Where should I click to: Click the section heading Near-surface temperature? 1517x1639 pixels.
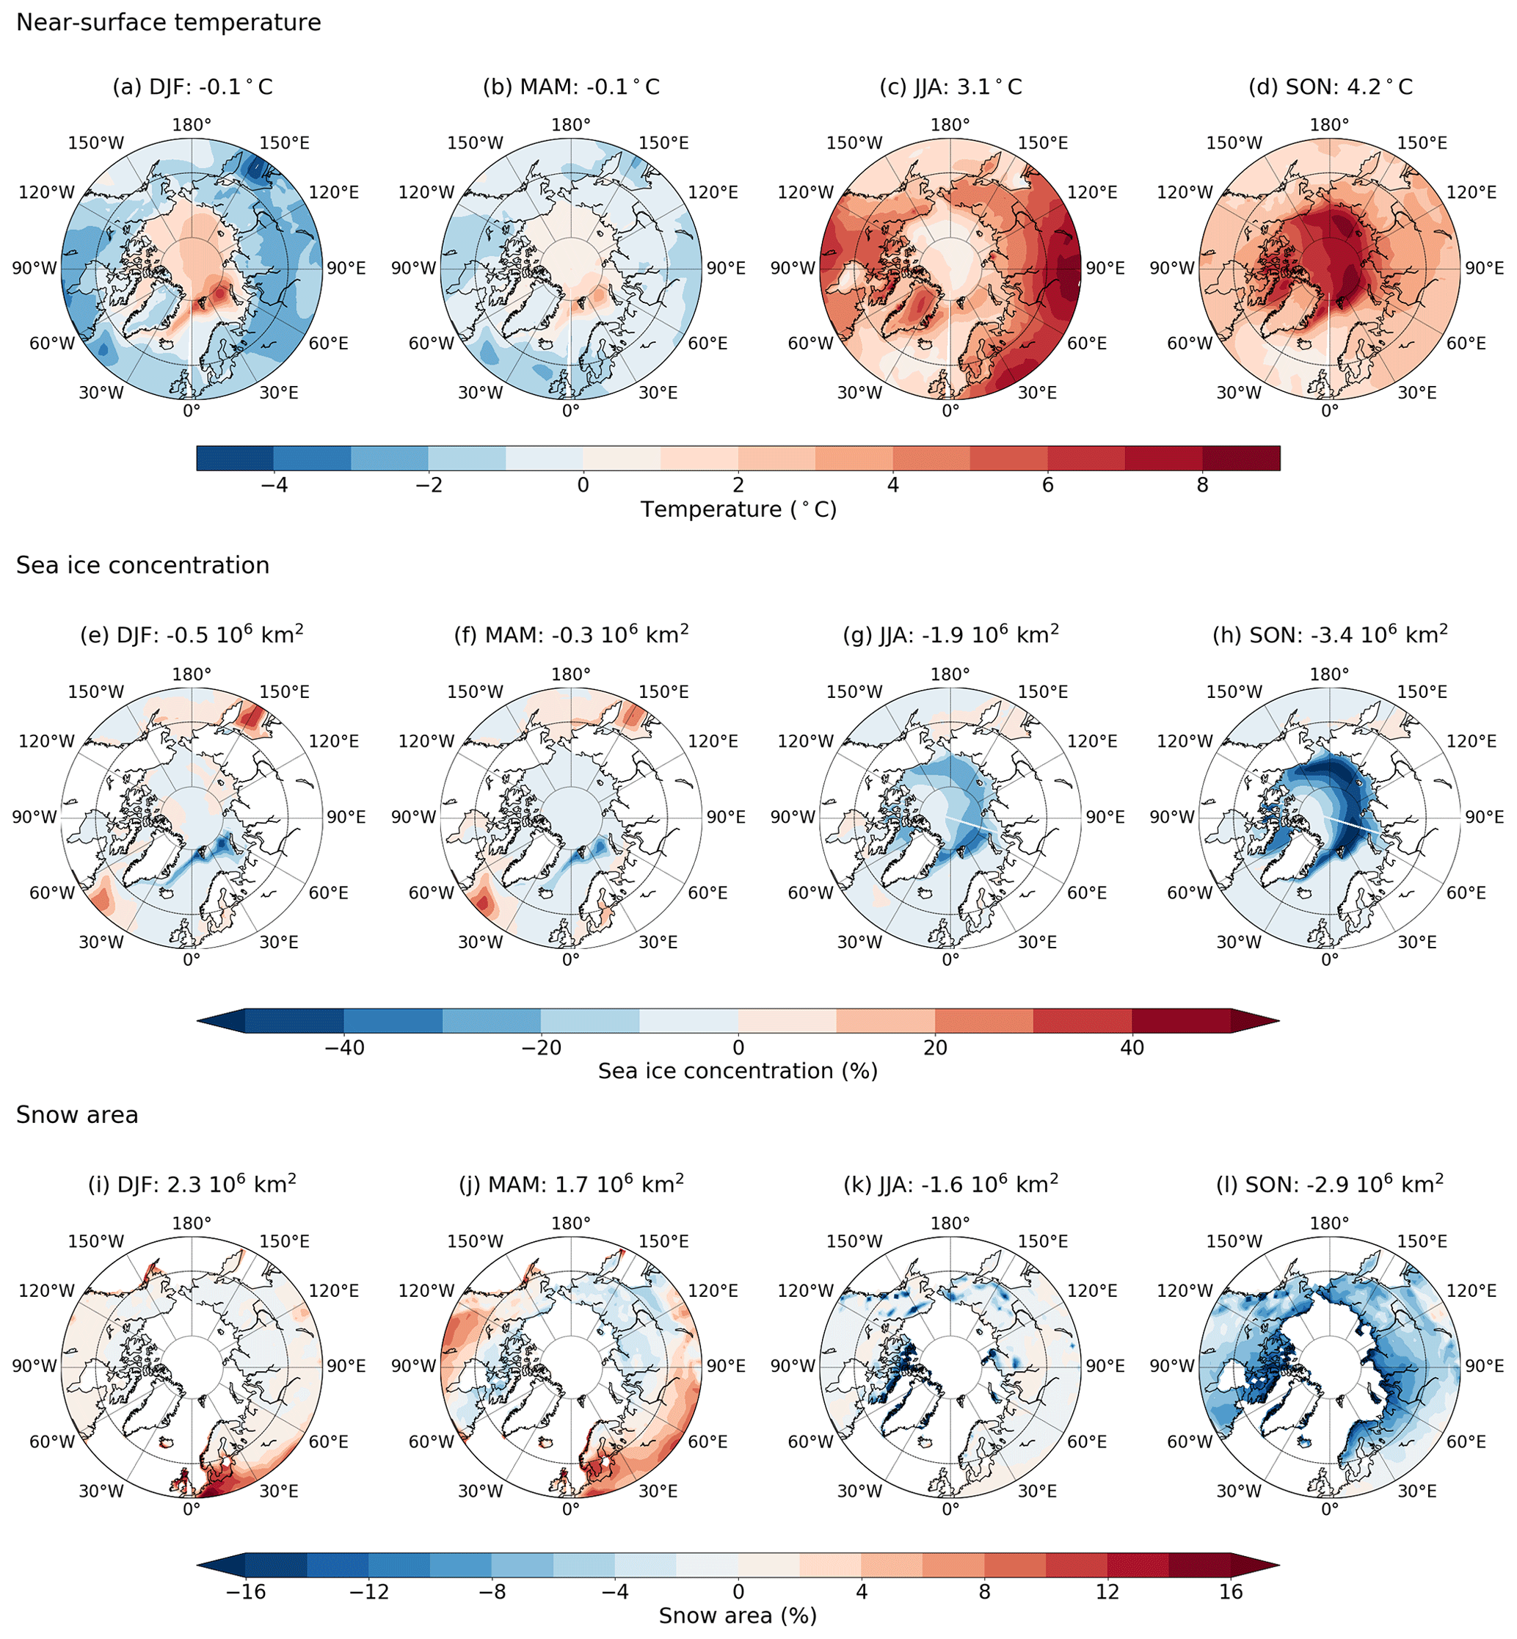coord(168,22)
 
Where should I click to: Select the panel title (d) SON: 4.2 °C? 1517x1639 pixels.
coord(1330,87)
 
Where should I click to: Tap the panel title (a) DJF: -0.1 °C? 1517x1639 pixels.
coord(192,87)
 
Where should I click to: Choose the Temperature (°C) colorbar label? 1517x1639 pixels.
coord(738,510)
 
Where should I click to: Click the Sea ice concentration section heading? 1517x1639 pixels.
coord(143,566)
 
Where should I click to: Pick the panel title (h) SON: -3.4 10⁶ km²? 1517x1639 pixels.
coord(1330,635)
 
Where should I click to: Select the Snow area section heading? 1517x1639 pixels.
coord(77,1115)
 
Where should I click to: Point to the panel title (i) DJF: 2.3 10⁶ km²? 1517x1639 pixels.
coord(192,1184)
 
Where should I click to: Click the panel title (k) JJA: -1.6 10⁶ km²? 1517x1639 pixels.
coord(950,1184)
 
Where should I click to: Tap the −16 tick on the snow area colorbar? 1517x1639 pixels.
coord(245,1592)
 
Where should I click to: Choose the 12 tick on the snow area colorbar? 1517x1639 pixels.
coord(1107,1592)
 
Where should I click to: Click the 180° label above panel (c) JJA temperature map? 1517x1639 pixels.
coord(950,126)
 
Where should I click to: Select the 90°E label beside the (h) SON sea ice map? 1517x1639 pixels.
coord(1484,818)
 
